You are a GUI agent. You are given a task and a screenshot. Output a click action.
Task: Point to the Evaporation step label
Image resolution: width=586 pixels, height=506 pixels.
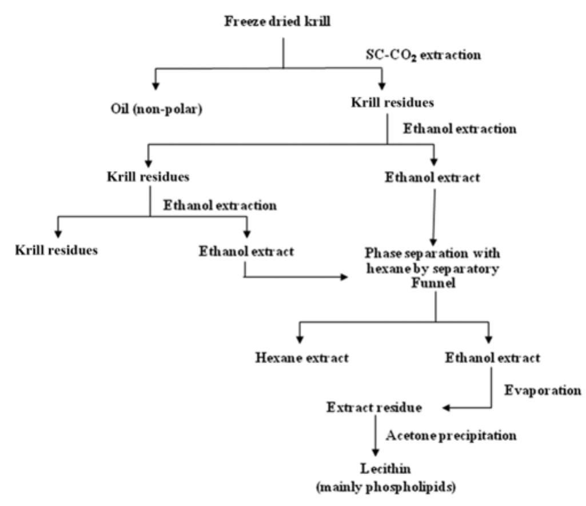543,390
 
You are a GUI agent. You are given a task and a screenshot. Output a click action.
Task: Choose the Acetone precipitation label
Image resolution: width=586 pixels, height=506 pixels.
452,436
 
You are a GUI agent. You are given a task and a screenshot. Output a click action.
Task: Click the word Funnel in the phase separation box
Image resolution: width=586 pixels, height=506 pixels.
435,283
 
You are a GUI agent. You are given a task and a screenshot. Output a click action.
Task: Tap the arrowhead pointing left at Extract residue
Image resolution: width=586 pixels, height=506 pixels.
448,408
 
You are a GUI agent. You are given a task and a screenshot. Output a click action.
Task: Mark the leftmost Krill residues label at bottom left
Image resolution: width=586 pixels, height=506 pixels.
57,250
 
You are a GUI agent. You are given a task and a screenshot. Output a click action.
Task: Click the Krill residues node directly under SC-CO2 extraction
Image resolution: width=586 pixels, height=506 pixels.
384,103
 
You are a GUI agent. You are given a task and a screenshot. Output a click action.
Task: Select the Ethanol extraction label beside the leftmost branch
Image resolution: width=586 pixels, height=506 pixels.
220,205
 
